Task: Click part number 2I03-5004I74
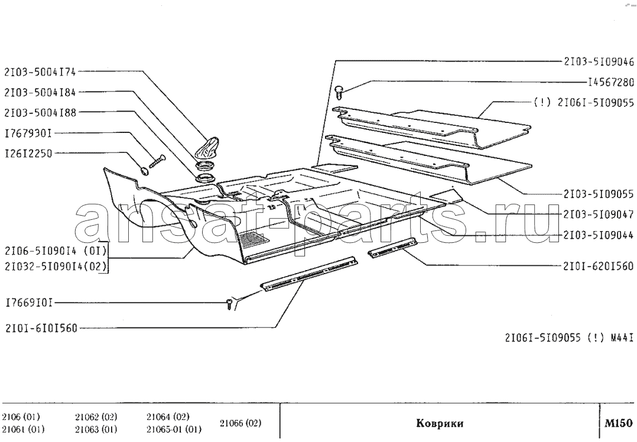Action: point(40,72)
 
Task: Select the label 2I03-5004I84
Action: point(40,93)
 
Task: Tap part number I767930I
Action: point(28,134)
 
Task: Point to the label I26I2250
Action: point(28,154)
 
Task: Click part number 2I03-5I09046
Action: point(599,61)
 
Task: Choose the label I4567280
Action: point(611,83)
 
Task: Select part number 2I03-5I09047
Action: point(599,214)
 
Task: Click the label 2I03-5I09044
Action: point(599,235)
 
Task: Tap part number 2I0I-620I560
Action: point(599,266)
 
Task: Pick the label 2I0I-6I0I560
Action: point(41,328)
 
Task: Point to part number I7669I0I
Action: point(29,303)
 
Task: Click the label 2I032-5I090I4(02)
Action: point(56,266)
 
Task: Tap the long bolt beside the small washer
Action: point(158,161)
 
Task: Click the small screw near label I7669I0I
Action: point(230,304)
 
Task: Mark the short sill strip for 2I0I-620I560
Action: point(392,248)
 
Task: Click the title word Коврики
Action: point(440,424)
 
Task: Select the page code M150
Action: point(618,423)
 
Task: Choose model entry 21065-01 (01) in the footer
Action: point(174,430)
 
